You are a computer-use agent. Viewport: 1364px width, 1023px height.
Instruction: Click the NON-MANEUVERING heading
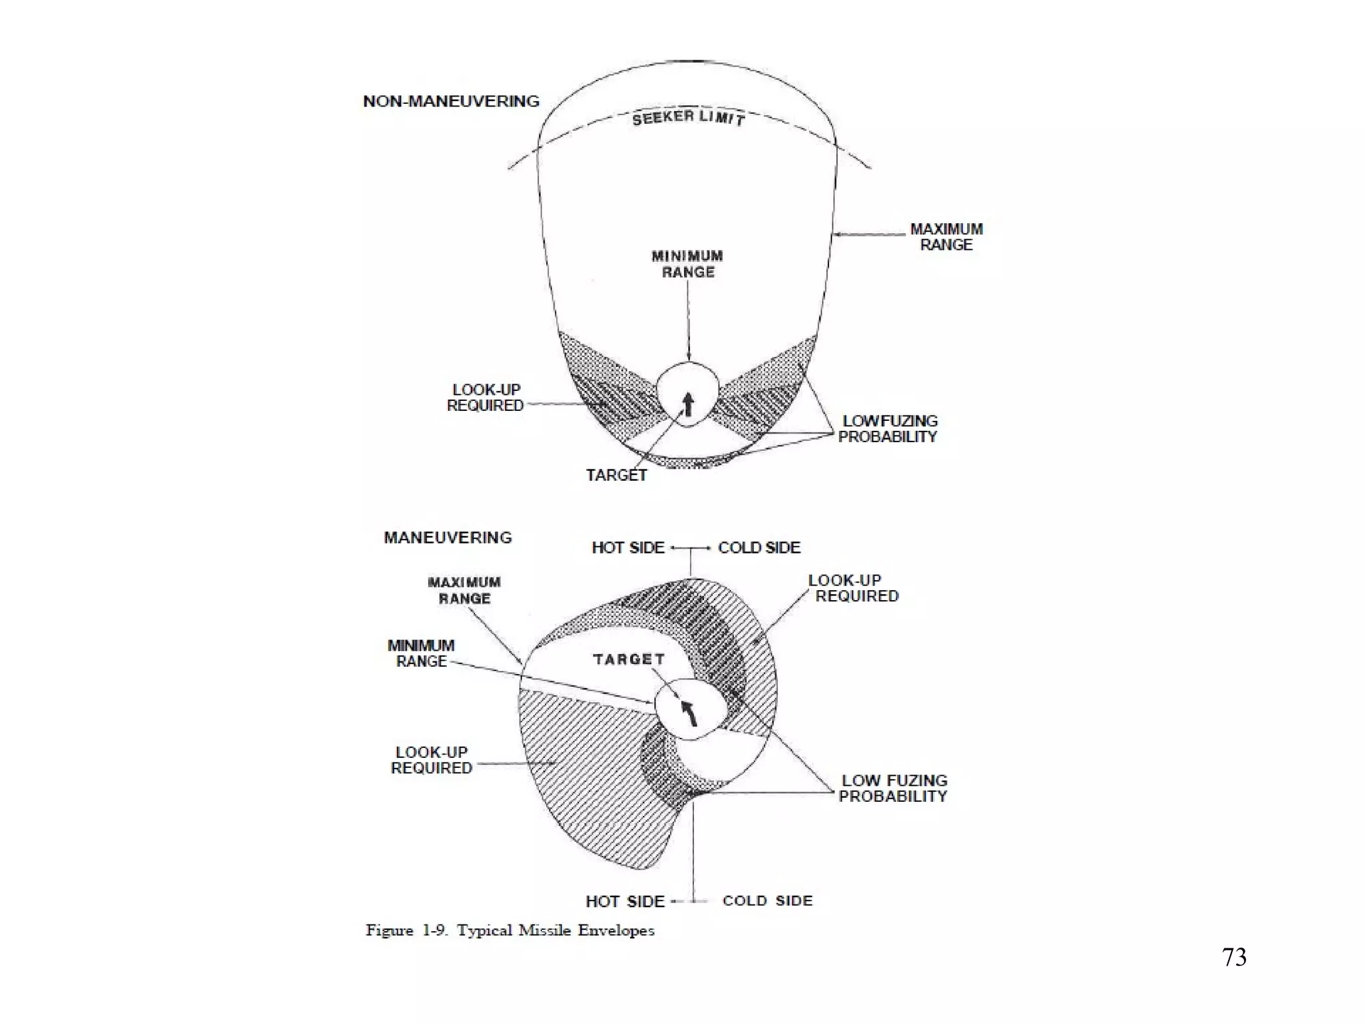451,101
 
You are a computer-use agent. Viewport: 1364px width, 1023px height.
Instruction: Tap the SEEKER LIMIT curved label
688,119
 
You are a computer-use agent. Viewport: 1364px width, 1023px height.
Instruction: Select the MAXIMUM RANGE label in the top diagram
946,237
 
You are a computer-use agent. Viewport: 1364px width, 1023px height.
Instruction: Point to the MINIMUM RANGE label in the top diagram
687,264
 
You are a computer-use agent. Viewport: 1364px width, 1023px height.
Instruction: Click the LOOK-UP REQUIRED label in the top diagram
486,398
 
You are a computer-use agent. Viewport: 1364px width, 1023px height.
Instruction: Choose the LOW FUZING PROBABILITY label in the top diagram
888,429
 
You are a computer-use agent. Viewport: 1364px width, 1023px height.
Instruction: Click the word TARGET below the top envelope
616,475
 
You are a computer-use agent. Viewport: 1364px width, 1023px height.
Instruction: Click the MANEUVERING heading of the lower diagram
448,537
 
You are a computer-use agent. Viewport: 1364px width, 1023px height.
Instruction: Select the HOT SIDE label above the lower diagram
628,547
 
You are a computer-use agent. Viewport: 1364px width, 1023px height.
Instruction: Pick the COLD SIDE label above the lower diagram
759,547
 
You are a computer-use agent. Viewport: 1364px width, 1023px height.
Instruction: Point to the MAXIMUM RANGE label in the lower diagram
464,590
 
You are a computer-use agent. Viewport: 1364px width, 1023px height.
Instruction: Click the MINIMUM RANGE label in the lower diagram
421,653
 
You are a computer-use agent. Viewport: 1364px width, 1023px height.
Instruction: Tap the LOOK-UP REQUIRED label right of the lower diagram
855,588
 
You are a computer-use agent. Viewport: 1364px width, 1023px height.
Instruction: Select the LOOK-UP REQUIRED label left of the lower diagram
432,760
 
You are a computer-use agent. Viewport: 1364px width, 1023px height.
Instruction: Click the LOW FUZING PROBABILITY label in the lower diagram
893,789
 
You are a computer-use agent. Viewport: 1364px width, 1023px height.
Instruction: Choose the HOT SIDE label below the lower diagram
625,902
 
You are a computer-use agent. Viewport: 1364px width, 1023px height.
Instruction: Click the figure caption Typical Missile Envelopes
510,930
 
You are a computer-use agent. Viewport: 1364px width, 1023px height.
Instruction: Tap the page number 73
1234,958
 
